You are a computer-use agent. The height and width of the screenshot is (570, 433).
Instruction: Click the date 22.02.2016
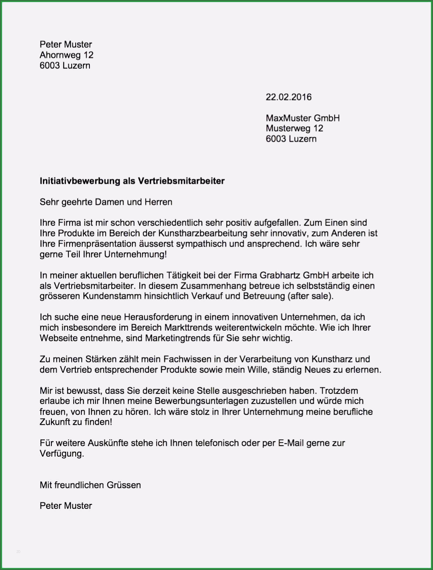coord(289,97)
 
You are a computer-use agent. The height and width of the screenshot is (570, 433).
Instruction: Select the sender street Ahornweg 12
coord(66,55)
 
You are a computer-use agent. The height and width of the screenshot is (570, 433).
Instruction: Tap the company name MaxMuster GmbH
coord(303,118)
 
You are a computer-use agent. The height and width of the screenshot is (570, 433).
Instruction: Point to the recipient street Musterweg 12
coord(294,128)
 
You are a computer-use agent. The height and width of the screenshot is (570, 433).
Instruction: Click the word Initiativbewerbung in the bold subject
coord(80,181)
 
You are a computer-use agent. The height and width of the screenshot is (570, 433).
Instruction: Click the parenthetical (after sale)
coord(310,296)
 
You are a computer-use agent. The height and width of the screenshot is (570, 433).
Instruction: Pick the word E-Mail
coord(291,443)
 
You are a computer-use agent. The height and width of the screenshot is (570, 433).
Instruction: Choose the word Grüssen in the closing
coord(123,485)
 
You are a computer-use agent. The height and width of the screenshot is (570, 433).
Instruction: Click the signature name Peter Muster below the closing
coord(66,506)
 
